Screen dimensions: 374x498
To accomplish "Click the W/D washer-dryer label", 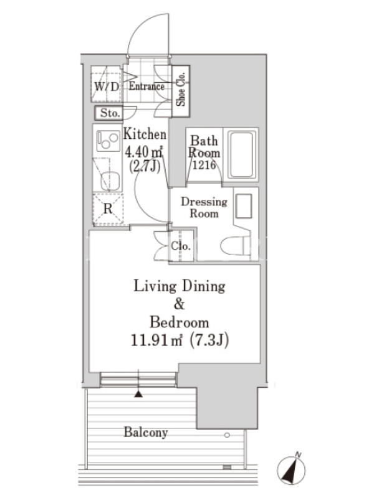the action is (106, 87).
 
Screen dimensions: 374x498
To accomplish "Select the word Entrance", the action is (146, 86).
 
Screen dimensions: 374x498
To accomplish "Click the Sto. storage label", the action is (110, 113).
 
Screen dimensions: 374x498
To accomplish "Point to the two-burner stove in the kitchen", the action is (108, 141).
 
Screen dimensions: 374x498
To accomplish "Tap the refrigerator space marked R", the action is (108, 209).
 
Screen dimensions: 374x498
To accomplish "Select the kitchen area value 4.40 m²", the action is (144, 152).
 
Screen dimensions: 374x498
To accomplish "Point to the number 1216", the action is (204, 165).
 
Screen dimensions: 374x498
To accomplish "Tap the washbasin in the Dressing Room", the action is (244, 206).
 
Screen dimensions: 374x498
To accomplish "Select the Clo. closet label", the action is (181, 246).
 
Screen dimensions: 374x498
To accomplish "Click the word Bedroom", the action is (180, 322).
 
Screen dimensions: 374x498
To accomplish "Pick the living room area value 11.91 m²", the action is (156, 341).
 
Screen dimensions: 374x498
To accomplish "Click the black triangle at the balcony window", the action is (138, 394).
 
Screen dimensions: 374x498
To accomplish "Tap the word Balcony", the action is (146, 433).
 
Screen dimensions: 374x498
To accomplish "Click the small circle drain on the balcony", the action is (227, 435).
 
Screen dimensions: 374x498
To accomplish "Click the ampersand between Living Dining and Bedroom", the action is (180, 304).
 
